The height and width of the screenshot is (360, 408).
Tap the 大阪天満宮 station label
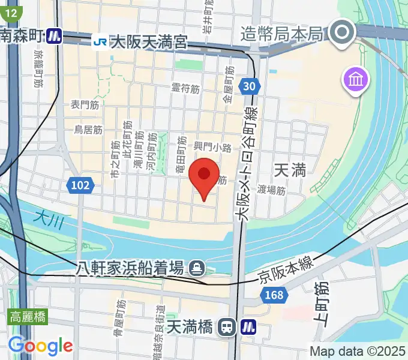tap(149, 42)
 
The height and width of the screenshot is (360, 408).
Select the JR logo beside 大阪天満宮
tap(100, 42)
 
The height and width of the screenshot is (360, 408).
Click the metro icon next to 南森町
tap(55, 36)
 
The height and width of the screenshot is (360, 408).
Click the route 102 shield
tap(80, 186)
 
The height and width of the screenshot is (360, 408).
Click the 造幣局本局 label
tap(282, 33)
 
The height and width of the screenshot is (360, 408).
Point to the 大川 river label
tap(49, 221)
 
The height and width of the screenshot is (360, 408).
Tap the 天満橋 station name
tap(189, 327)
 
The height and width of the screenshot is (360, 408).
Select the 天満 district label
tap(290, 170)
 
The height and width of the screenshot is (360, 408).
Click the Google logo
tap(40, 345)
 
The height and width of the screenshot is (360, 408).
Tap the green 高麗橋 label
tap(28, 317)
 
